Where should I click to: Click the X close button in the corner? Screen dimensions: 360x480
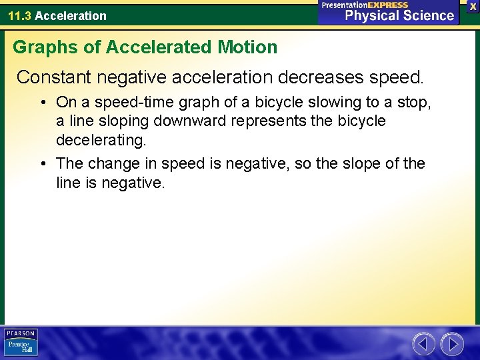[473, 6]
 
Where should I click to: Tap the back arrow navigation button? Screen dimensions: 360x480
[423, 344]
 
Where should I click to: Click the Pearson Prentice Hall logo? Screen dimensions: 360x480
[21, 343]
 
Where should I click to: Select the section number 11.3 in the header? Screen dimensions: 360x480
[19, 15]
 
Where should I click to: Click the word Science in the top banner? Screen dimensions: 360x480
[423, 16]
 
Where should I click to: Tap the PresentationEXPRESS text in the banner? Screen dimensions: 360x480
[365, 5]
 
